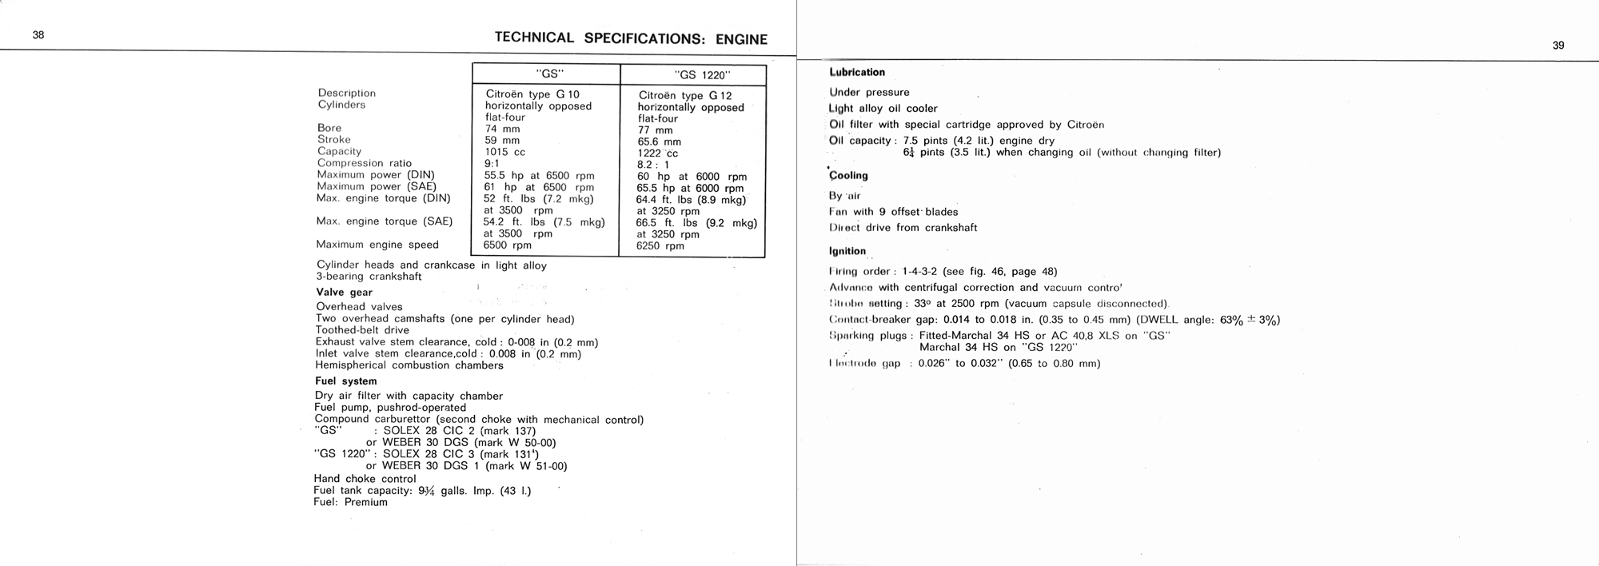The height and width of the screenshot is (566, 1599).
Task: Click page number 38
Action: [x=38, y=34]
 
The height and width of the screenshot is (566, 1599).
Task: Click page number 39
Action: [x=1558, y=46]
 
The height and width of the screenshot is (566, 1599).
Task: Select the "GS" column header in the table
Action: [x=548, y=74]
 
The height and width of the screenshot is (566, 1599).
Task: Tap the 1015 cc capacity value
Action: [x=501, y=152]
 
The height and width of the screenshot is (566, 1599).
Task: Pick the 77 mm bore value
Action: [x=655, y=130]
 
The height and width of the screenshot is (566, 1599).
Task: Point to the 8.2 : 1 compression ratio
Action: [x=653, y=165]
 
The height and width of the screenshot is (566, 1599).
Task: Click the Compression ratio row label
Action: [x=364, y=163]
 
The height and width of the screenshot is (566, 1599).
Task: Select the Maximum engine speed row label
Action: [x=377, y=245]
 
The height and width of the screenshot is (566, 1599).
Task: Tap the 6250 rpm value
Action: [x=660, y=246]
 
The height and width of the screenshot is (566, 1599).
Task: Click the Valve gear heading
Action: [x=344, y=293]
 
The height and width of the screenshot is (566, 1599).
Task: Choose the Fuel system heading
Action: [x=345, y=381]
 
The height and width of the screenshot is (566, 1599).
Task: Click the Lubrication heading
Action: [x=857, y=73]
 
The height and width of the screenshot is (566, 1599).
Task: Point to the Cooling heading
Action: [x=848, y=176]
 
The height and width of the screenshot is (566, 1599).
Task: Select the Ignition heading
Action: [x=847, y=251]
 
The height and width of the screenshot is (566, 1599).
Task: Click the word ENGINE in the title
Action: [x=741, y=39]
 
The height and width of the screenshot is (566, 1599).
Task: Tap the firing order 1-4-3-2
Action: [x=919, y=272]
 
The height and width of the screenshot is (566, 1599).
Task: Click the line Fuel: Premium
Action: [x=350, y=503]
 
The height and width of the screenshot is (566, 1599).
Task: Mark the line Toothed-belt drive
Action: [x=362, y=330]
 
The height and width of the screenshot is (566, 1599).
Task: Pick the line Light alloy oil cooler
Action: [x=883, y=109]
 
